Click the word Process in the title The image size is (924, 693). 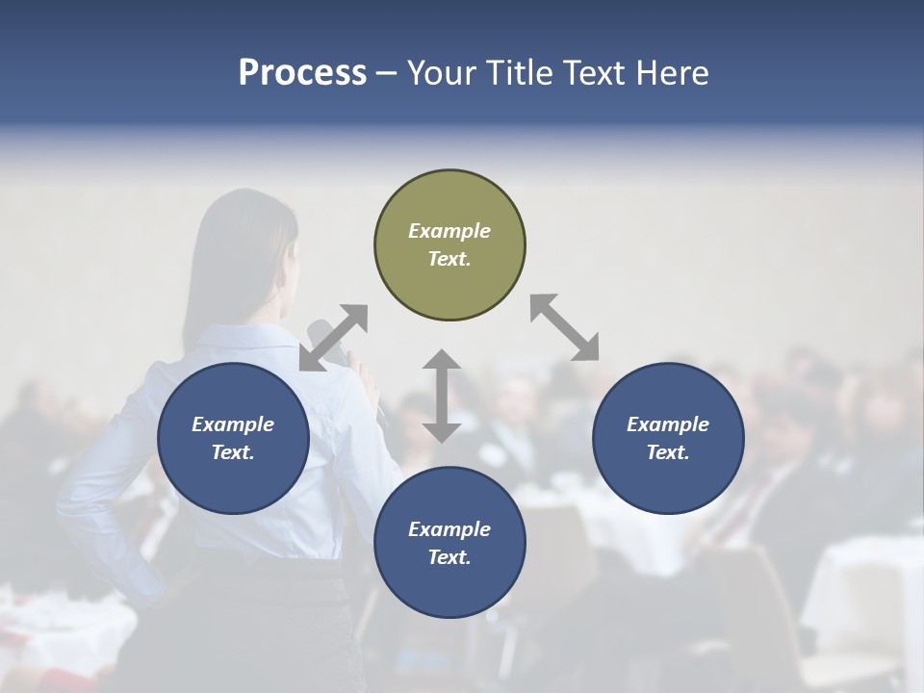pyautogui.click(x=302, y=73)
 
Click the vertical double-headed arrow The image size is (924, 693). pyautogui.click(x=442, y=396)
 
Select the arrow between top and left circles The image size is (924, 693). pyautogui.click(x=333, y=338)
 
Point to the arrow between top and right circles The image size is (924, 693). pyautogui.click(x=565, y=327)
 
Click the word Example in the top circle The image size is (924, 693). pyautogui.click(x=449, y=231)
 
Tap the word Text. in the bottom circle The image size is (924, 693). pyautogui.click(x=449, y=557)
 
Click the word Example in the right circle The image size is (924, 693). pyautogui.click(x=668, y=424)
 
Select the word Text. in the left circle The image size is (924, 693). pyautogui.click(x=233, y=452)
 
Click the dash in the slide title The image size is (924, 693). pyautogui.click(x=386, y=73)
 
